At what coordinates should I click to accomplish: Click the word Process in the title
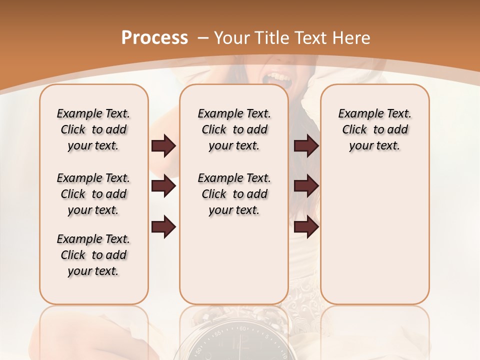click(154, 38)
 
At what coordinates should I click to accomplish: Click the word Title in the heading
click(274, 38)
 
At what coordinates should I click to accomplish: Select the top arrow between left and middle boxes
click(163, 146)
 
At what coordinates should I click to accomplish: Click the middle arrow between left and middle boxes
click(163, 186)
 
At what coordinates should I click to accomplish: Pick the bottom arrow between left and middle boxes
click(163, 227)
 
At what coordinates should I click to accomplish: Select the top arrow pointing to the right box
click(306, 146)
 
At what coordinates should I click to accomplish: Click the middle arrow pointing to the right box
click(306, 186)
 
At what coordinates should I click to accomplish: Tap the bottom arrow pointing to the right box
click(306, 227)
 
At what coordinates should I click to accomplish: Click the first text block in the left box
click(93, 129)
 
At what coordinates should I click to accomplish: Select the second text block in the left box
click(93, 194)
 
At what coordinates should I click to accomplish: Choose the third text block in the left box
click(93, 255)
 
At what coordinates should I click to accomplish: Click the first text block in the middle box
click(234, 129)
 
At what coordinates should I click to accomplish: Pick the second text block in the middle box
click(234, 194)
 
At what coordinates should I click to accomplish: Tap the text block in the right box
click(374, 129)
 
